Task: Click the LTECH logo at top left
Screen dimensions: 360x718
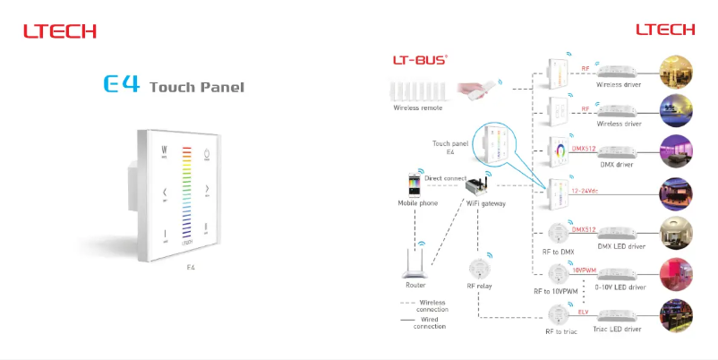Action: [x=59, y=32]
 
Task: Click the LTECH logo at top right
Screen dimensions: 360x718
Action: [x=665, y=30]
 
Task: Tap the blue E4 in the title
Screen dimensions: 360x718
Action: [x=122, y=86]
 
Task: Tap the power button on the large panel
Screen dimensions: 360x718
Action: [x=209, y=153]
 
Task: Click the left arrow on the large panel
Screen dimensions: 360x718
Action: [x=165, y=192]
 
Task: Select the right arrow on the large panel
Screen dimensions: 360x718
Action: [x=208, y=190]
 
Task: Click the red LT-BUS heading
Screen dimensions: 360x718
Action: [x=420, y=60]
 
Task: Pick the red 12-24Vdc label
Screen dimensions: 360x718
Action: [x=585, y=191]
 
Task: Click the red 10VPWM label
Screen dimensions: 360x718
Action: [x=586, y=269]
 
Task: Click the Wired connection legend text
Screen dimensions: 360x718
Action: [x=430, y=322]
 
